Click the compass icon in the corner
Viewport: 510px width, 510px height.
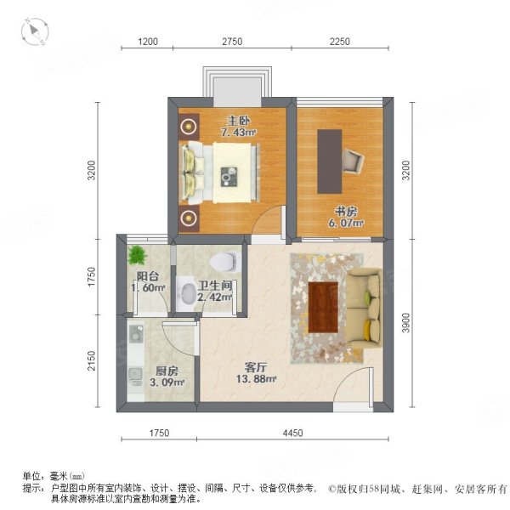35,31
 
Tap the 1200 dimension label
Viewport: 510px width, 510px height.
150,42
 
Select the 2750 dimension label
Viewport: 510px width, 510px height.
232,42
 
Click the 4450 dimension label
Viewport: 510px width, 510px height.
292,433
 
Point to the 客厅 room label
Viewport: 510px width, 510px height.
258,367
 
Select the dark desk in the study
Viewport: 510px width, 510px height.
330,161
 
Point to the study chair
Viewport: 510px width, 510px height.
353,159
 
